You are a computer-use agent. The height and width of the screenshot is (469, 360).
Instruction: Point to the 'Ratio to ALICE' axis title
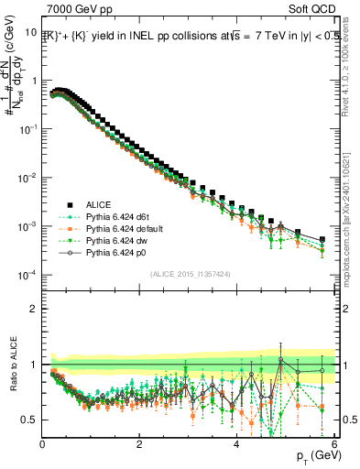(x=12, y=364)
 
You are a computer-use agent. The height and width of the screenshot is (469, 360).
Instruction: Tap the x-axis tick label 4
(x=237, y=444)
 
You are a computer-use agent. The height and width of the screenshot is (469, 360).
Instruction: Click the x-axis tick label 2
(x=140, y=444)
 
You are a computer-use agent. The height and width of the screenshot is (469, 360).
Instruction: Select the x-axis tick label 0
(x=43, y=444)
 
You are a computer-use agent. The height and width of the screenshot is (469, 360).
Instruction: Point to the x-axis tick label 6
(x=333, y=444)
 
